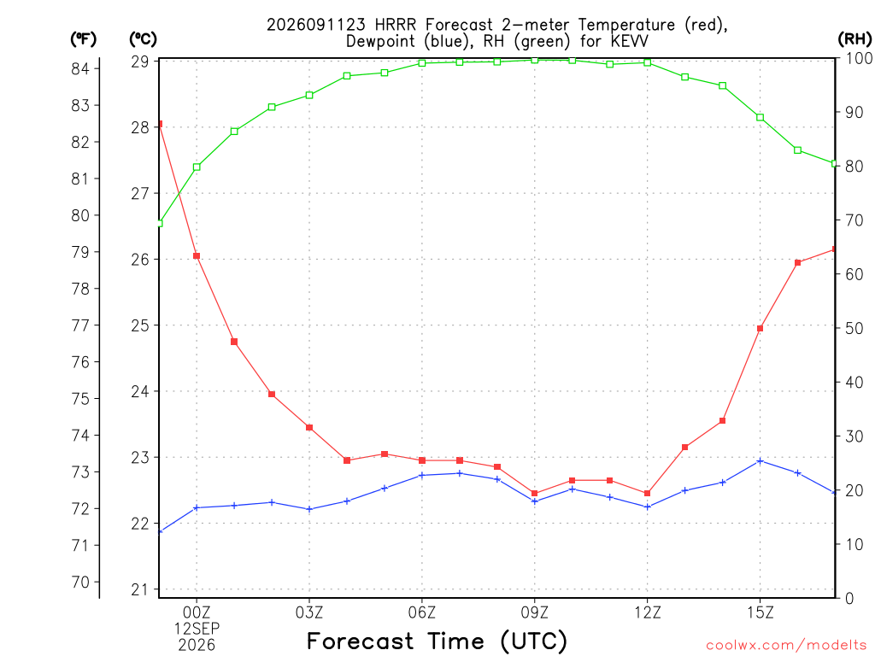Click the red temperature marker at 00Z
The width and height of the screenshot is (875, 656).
[197, 256]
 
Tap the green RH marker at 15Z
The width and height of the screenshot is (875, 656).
[760, 118]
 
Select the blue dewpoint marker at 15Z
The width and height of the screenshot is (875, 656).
[760, 461]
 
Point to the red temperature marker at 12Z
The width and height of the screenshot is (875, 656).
[648, 493]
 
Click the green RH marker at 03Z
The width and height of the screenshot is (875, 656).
[309, 96]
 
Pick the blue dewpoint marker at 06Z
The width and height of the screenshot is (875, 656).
[422, 475]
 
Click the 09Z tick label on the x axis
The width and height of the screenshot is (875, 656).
[535, 612]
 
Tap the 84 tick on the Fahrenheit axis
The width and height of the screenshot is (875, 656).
[80, 68]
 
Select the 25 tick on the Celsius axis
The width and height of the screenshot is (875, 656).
[140, 325]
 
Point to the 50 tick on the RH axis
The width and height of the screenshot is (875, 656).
[854, 328]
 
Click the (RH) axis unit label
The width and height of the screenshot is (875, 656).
[854, 38]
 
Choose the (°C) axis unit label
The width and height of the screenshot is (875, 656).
[144, 39]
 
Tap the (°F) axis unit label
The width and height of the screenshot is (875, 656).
[83, 39]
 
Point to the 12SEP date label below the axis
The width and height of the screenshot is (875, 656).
[197, 629]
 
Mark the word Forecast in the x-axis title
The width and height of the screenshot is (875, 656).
[360, 641]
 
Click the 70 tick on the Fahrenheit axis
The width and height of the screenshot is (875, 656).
[80, 582]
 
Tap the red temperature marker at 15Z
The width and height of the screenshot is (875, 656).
[760, 329]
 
